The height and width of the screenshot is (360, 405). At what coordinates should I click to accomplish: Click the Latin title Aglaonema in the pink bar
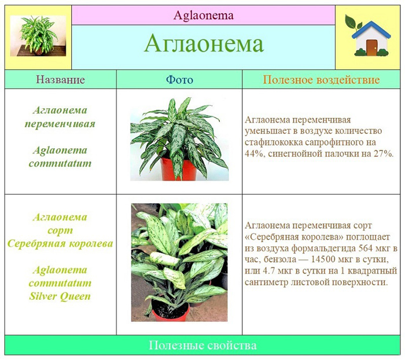[x=204, y=16]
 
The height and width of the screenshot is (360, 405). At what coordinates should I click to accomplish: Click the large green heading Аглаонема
[x=204, y=43]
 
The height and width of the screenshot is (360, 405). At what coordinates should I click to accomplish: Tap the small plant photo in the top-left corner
[x=38, y=36]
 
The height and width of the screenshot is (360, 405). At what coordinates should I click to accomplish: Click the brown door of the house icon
[x=371, y=47]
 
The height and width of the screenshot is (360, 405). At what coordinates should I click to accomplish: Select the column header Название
[x=60, y=79]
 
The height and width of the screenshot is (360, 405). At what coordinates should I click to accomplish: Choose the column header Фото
[x=179, y=80]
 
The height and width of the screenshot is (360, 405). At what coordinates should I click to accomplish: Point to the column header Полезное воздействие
[x=321, y=80]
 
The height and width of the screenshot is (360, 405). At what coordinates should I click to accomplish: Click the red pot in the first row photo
[x=178, y=169]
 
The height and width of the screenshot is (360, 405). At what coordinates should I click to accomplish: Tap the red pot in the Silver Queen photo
[x=171, y=312]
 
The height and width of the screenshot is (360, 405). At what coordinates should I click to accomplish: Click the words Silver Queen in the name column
[x=60, y=296]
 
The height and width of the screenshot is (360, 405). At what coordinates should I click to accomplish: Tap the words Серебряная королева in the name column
[x=60, y=244]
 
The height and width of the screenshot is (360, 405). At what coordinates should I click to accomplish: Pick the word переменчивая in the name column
[x=60, y=124]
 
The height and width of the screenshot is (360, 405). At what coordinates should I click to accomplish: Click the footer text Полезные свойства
[x=203, y=346]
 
